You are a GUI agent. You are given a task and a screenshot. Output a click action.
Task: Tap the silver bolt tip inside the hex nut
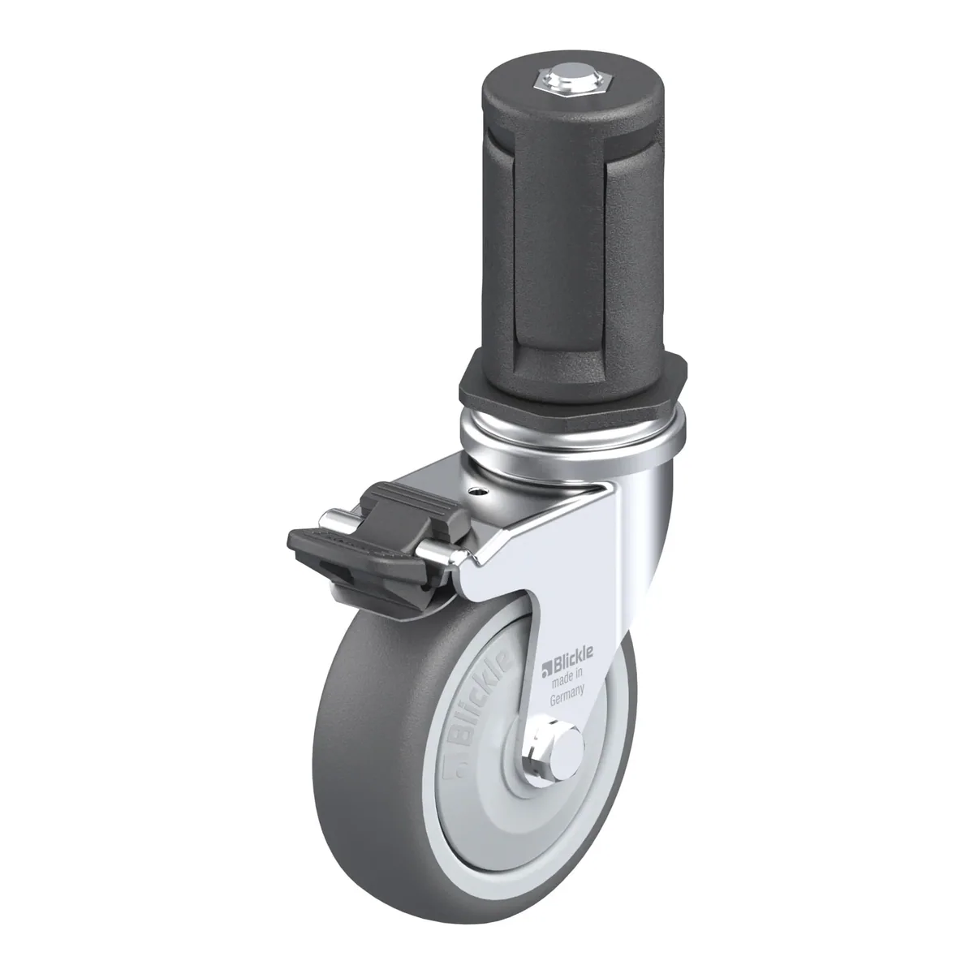pos(563,81)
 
